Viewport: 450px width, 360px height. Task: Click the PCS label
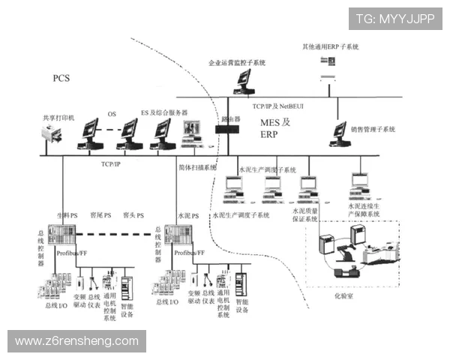[61, 79]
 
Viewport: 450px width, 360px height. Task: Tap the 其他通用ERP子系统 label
[330, 46]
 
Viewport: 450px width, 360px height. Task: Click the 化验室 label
[343, 297]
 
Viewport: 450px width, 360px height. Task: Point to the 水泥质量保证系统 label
[309, 215]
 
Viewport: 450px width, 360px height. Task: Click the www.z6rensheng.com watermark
[77, 341]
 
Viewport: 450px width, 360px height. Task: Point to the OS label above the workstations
[112, 113]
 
